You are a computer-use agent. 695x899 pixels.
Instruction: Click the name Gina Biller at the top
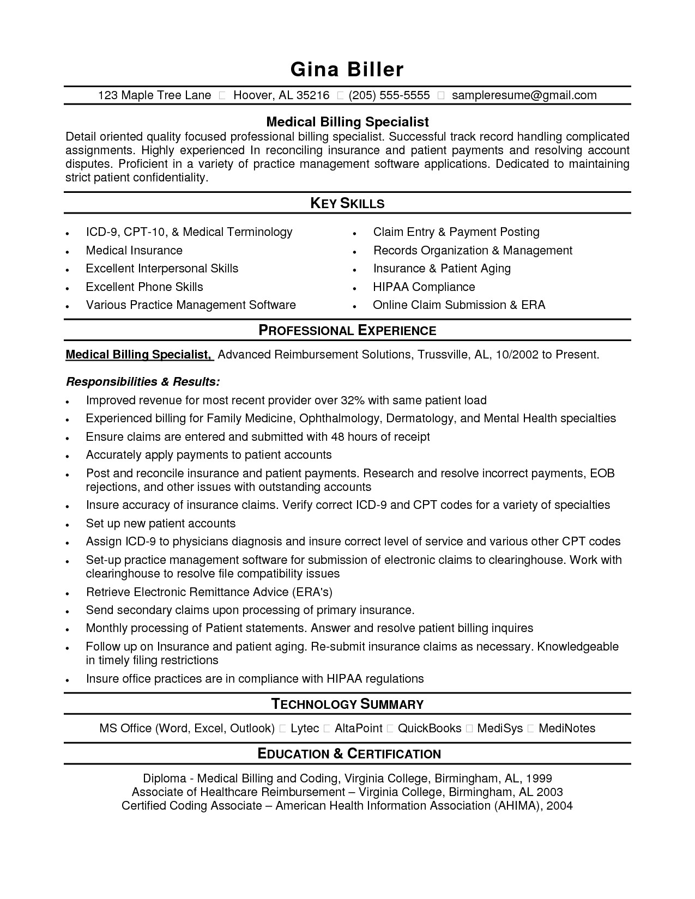click(x=347, y=70)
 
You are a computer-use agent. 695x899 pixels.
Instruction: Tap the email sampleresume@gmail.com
click(x=524, y=96)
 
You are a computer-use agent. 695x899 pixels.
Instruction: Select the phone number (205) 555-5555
click(x=389, y=96)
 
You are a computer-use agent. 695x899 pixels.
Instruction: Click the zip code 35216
click(x=313, y=96)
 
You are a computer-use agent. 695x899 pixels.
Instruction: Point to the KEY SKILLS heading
click(x=347, y=204)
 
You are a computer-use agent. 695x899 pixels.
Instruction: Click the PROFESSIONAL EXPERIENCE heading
click(x=347, y=331)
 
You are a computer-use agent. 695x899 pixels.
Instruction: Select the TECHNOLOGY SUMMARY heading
click(x=347, y=704)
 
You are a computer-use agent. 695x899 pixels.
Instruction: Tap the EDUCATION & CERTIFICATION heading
click(x=349, y=754)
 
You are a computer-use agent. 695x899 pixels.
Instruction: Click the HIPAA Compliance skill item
click(x=424, y=287)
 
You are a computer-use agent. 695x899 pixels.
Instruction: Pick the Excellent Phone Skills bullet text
click(x=144, y=287)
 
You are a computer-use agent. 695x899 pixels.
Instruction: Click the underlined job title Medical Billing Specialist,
click(x=138, y=355)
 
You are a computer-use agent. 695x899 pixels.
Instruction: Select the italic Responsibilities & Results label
click(x=143, y=381)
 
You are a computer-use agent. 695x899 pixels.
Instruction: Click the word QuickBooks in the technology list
click(x=430, y=728)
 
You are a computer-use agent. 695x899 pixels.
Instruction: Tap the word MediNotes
click(x=567, y=728)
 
